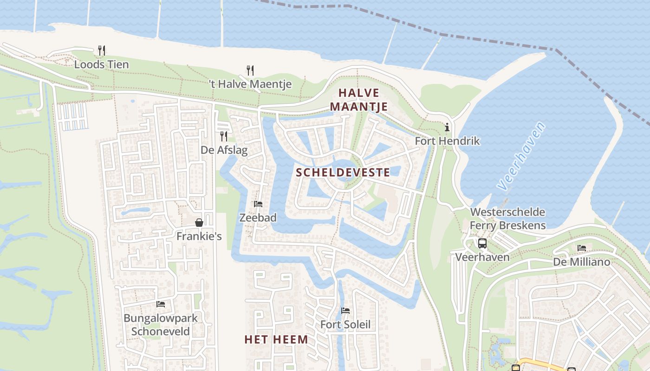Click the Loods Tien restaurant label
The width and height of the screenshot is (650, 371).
[x=101, y=64]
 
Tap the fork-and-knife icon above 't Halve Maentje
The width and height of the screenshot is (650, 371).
[x=250, y=70]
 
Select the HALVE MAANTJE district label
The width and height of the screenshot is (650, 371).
[x=359, y=100]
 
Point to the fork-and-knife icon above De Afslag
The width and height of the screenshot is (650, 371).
[x=224, y=136]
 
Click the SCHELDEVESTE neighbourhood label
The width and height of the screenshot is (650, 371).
[x=343, y=173]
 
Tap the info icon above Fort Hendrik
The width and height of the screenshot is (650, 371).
[x=447, y=127]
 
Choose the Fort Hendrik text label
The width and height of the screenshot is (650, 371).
[x=447, y=141]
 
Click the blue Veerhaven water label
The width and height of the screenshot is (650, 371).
[x=521, y=156]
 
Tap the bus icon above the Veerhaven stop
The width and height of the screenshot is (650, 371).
[x=482, y=243]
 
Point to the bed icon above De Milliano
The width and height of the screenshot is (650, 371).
[x=582, y=249]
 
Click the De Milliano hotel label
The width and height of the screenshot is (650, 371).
[x=581, y=262]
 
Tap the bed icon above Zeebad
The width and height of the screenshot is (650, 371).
[x=258, y=204]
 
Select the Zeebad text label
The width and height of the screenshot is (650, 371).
[x=258, y=217]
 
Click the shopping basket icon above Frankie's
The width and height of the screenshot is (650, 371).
[x=199, y=223]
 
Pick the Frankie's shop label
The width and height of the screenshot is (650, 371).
[x=199, y=236]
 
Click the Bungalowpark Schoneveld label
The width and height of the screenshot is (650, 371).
[x=161, y=325]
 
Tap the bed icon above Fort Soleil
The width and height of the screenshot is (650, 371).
[x=345, y=311]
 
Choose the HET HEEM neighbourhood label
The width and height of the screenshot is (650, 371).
[x=276, y=339]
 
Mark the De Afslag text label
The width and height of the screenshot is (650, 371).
[x=224, y=150]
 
